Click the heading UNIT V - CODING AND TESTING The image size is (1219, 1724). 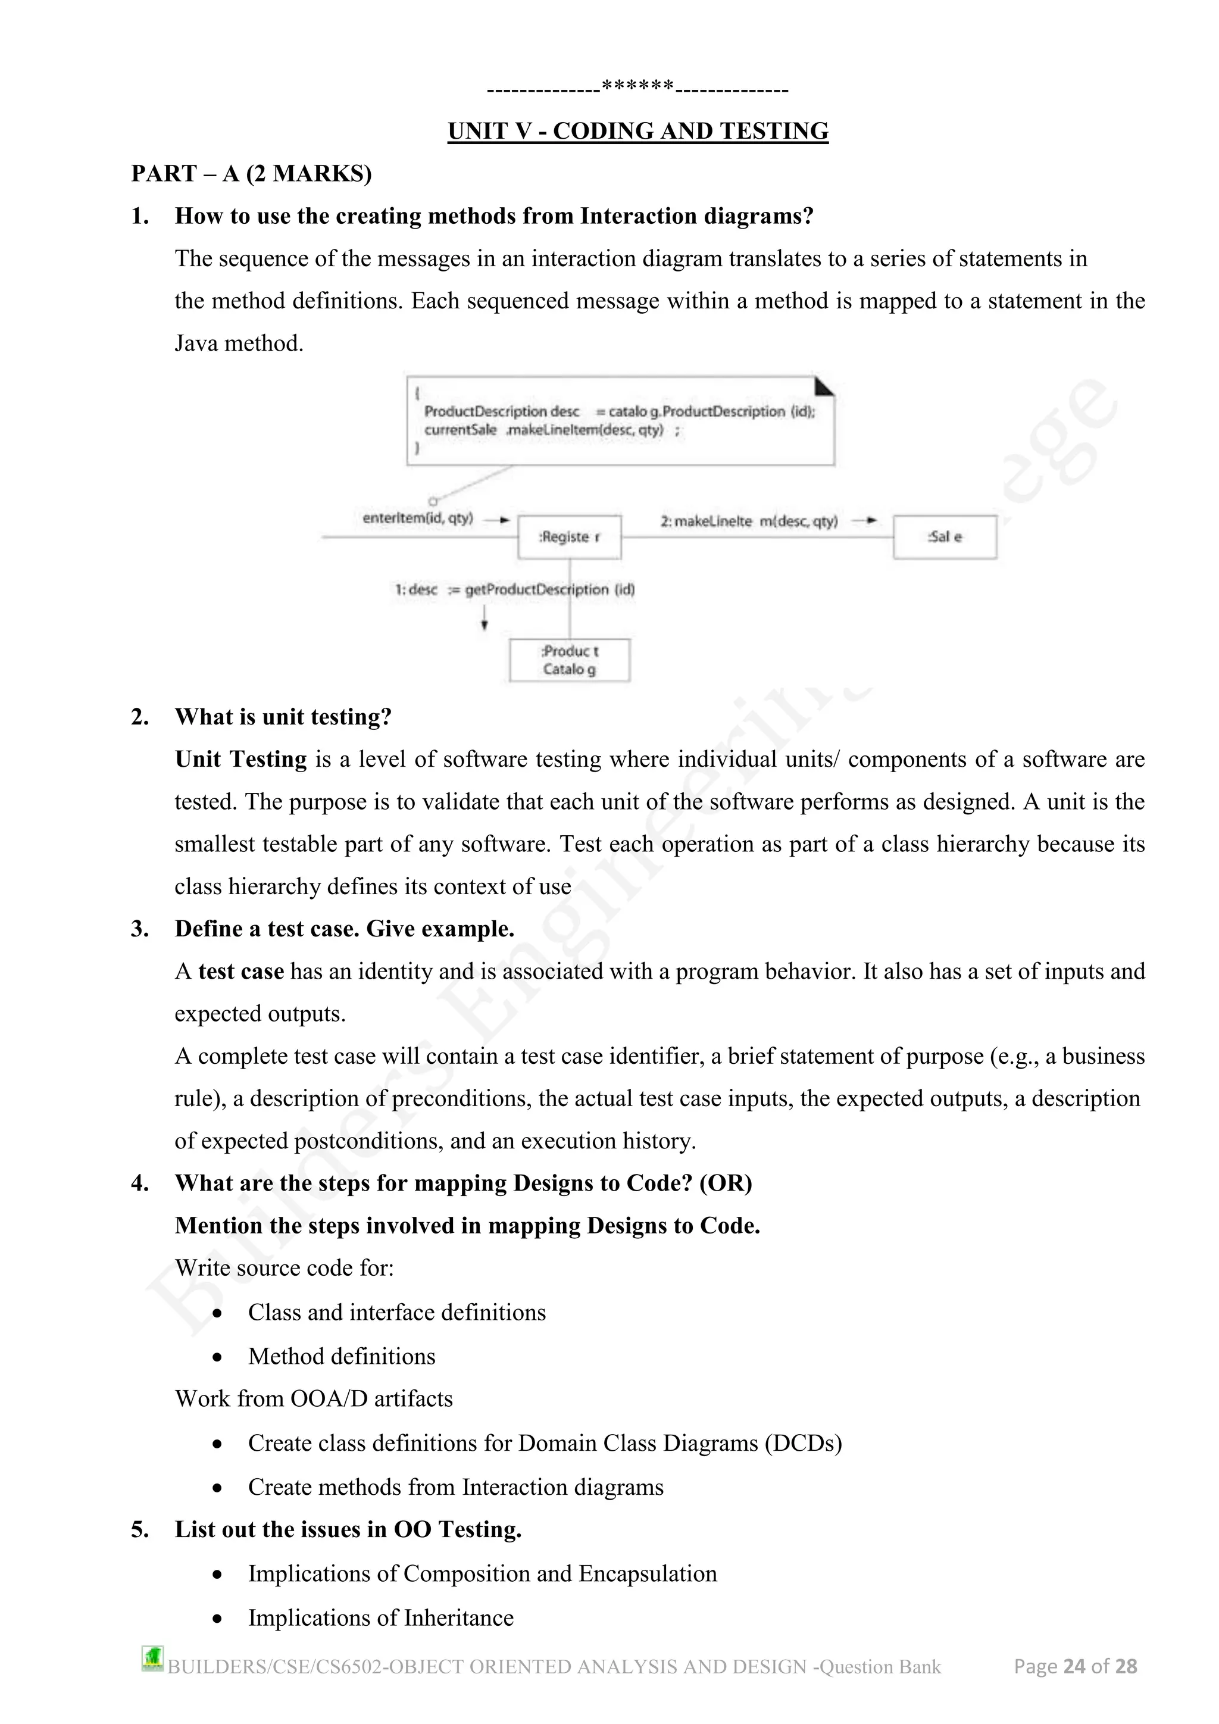637,132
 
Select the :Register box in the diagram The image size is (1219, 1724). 569,537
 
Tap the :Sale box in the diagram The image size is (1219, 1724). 944,537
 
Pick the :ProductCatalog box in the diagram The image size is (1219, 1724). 569,660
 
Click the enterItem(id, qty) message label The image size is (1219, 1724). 417,518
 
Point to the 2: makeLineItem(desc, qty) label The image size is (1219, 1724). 748,521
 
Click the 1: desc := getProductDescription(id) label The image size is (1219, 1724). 514,589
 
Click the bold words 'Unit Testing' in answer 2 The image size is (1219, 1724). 240,759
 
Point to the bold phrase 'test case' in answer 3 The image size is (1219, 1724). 240,972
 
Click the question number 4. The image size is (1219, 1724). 140,1183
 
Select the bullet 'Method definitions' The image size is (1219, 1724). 342,1356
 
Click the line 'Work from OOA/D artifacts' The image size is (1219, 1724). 314,1399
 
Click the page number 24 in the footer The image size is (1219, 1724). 1074,1666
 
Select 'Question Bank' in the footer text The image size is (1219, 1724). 880,1667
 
